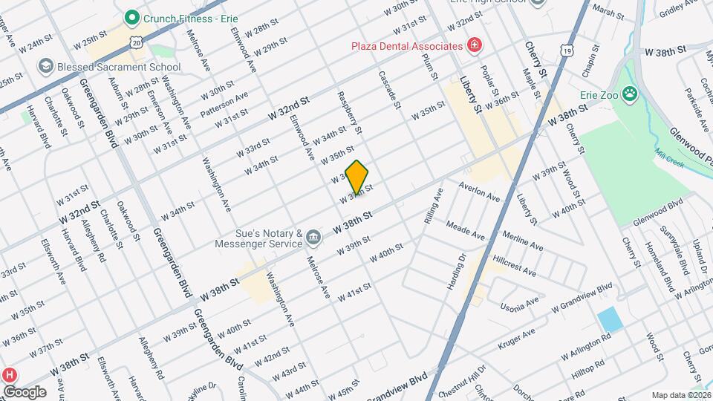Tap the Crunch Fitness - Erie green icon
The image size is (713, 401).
[x=133, y=16]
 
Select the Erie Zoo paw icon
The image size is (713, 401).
[x=630, y=94]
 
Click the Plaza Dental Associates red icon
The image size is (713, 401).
[x=474, y=46]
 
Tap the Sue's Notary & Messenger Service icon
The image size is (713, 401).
[x=313, y=238]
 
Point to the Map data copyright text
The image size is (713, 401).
[x=680, y=395]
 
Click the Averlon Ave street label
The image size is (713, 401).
[x=479, y=192]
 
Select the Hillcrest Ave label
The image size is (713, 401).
[x=514, y=268]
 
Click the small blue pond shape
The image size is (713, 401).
[x=610, y=319]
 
